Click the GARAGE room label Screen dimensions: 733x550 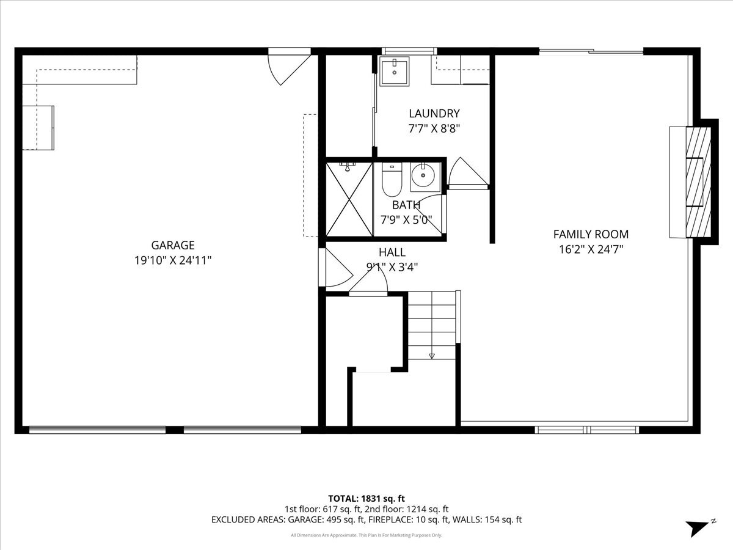point(173,245)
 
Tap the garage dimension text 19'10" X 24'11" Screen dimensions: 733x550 point(173,260)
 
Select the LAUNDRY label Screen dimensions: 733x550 point(434,114)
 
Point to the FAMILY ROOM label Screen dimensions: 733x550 point(591,235)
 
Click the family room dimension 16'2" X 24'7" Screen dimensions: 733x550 point(591,249)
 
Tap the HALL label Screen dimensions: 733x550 point(392,252)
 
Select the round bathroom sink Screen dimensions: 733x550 point(423,175)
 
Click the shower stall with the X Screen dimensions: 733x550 point(349,199)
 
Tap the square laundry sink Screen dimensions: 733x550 point(395,71)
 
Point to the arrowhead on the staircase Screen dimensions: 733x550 point(432,356)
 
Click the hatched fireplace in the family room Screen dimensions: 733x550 point(699,182)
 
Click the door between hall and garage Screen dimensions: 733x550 point(335,267)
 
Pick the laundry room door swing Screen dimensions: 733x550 point(467,173)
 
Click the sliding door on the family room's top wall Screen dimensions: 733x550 point(591,51)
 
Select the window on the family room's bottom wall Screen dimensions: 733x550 point(587,430)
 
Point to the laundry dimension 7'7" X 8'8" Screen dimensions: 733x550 point(434,128)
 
